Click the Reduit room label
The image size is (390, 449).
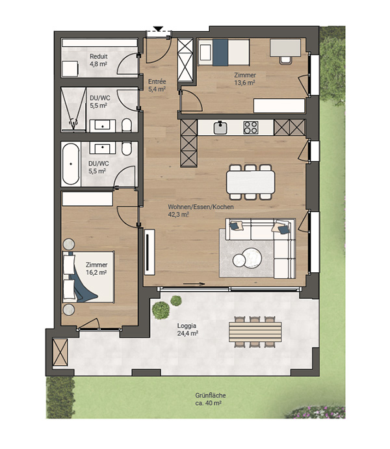pyautogui.click(x=99, y=57)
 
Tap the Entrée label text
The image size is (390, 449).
pyautogui.click(x=157, y=82)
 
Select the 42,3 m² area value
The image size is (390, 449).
pyautogui.click(x=178, y=214)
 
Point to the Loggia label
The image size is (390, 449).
pyautogui.click(x=187, y=326)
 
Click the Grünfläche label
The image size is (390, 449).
pyautogui.click(x=211, y=396)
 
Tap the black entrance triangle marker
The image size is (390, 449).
pyautogui.click(x=158, y=29)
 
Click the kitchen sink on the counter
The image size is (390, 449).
pyautogui.click(x=220, y=128)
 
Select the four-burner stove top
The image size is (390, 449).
pyautogui.click(x=250, y=128)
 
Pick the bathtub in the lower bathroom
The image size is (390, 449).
pyautogui.click(x=71, y=164)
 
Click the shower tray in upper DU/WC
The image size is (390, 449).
pyautogui.click(x=73, y=110)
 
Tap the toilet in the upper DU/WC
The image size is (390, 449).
pyautogui.click(x=127, y=125)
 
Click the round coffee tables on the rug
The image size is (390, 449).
pyautogui.click(x=248, y=258)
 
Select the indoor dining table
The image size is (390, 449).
pyautogui.click(x=250, y=182)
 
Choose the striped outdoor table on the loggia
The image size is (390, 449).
pyautogui.click(x=255, y=332)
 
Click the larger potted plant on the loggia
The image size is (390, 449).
pyautogui.click(x=161, y=311)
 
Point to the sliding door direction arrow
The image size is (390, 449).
pyautogui.click(x=194, y=284)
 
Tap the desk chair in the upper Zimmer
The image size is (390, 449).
pyautogui.click(x=285, y=60)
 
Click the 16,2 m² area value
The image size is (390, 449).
pyautogui.click(x=96, y=272)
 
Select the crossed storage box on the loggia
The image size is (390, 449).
pyautogui.click(x=60, y=352)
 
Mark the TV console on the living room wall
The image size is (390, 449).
pyautogui.click(x=149, y=252)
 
